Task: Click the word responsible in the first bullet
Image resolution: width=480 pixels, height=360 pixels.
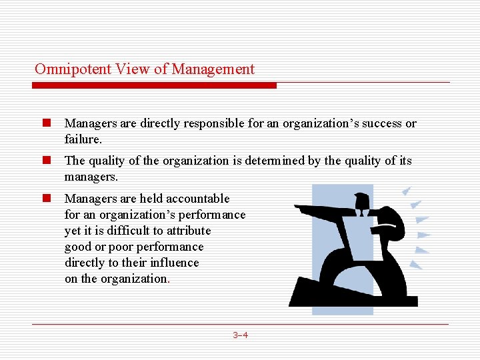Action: tap(188, 123)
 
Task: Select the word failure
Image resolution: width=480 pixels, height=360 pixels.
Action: tap(82, 139)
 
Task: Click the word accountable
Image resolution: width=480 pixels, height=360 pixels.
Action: tap(197, 199)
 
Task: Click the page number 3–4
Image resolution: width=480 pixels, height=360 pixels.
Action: tap(240, 335)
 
